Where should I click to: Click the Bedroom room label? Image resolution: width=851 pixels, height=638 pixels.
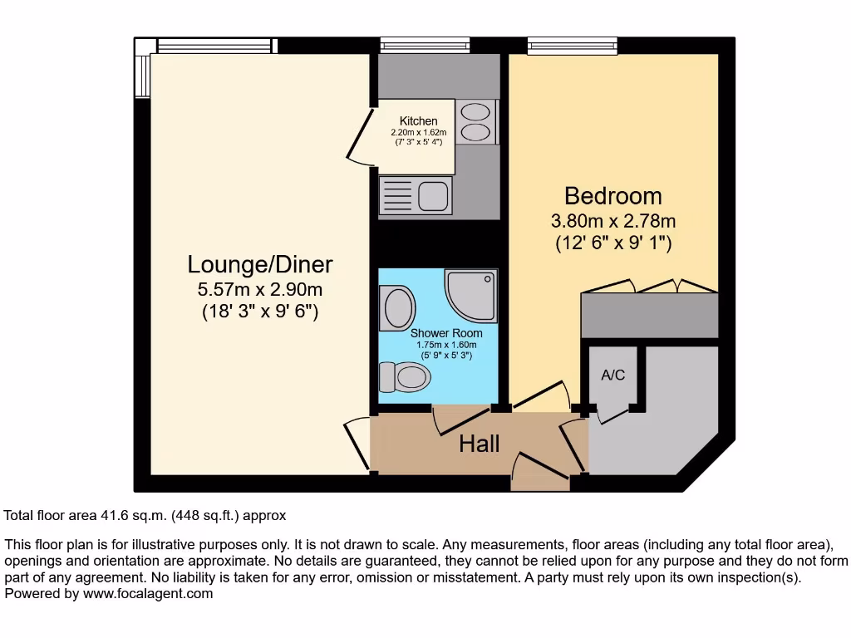click(613, 196)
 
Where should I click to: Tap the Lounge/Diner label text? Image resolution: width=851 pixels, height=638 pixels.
click(260, 264)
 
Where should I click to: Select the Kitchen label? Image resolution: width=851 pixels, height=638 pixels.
click(418, 121)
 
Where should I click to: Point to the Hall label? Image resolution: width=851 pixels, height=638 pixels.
click(480, 444)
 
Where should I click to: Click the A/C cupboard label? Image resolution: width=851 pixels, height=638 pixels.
click(612, 375)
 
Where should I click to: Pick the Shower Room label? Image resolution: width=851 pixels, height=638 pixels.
click(446, 334)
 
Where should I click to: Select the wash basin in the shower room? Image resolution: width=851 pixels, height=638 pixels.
click(396, 307)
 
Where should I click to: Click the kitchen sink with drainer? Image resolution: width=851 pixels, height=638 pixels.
click(416, 197)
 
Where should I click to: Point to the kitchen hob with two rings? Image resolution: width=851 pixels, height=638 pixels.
click(475, 121)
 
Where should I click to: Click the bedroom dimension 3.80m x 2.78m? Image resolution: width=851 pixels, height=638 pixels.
click(613, 221)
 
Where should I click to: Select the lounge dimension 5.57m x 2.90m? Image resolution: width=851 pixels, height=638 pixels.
click(260, 290)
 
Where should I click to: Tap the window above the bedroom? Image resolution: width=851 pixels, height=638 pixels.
click(572, 44)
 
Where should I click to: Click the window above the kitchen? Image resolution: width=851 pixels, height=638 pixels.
click(425, 44)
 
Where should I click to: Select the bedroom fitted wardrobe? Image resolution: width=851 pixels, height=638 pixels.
click(649, 315)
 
